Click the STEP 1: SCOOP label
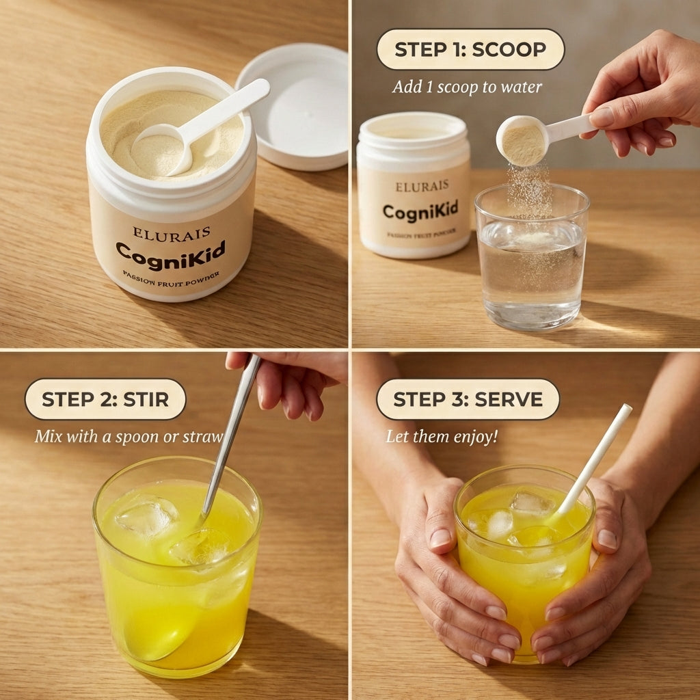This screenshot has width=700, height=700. point(470,49)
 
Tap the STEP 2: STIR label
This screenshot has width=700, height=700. point(105,399)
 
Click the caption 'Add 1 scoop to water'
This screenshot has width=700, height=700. point(467,87)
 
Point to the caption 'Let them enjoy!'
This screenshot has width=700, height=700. point(442,437)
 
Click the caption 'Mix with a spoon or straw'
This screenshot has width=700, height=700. point(129,435)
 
